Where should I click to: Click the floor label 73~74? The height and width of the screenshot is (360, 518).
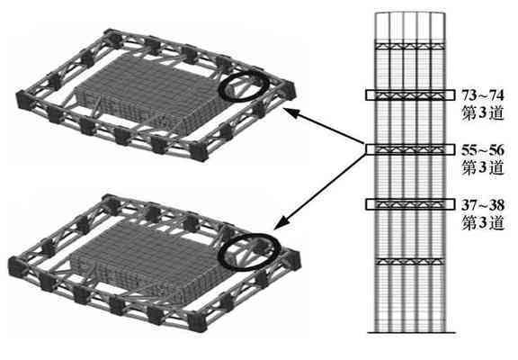[483, 95]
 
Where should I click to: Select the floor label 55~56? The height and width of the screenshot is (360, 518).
[483, 150]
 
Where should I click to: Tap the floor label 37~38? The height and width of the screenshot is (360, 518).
[483, 205]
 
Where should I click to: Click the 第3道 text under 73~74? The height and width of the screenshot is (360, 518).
[483, 113]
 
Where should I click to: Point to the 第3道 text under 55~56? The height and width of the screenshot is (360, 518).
[483, 168]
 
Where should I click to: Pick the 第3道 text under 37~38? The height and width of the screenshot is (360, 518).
[483, 223]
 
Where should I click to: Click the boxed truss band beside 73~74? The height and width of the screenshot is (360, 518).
[410, 95]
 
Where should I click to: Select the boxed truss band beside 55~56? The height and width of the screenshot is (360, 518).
[410, 149]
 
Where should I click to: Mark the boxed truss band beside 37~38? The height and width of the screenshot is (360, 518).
[410, 204]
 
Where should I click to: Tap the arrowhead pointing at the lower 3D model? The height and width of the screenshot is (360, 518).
[281, 224]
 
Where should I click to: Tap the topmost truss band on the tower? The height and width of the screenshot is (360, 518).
[410, 46]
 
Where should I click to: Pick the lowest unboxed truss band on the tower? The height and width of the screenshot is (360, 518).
[410, 262]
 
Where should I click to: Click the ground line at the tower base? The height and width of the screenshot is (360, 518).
[411, 333]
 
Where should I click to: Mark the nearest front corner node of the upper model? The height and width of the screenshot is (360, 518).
[198, 152]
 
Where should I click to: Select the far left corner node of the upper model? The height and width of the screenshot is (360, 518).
[23, 99]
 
